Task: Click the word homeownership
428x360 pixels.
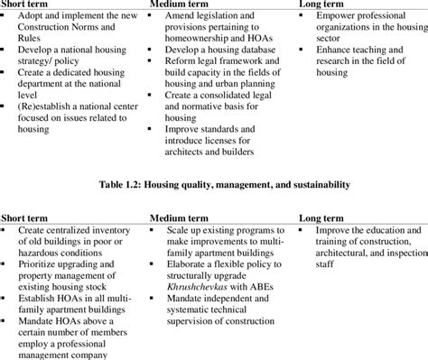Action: pyautogui.click(x=205, y=42)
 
